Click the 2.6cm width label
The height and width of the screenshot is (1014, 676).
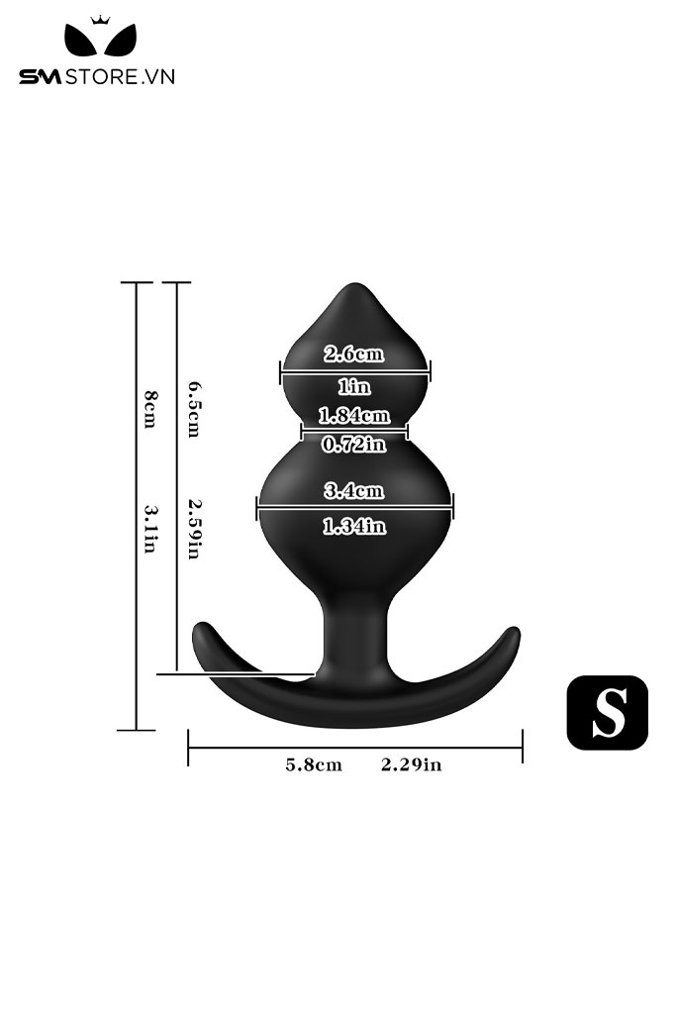(x=353, y=354)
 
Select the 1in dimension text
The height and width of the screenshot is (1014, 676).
(x=354, y=387)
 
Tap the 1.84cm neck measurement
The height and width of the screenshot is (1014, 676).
(x=354, y=415)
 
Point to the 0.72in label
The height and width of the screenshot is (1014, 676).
(x=353, y=445)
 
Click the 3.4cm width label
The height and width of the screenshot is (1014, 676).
(x=353, y=491)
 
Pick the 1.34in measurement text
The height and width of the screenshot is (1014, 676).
(x=354, y=527)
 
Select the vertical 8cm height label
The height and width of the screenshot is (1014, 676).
(x=149, y=409)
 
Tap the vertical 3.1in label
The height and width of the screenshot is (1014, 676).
(x=149, y=529)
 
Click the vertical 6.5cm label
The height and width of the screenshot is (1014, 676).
(x=194, y=409)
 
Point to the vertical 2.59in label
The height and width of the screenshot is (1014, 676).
(x=194, y=528)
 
